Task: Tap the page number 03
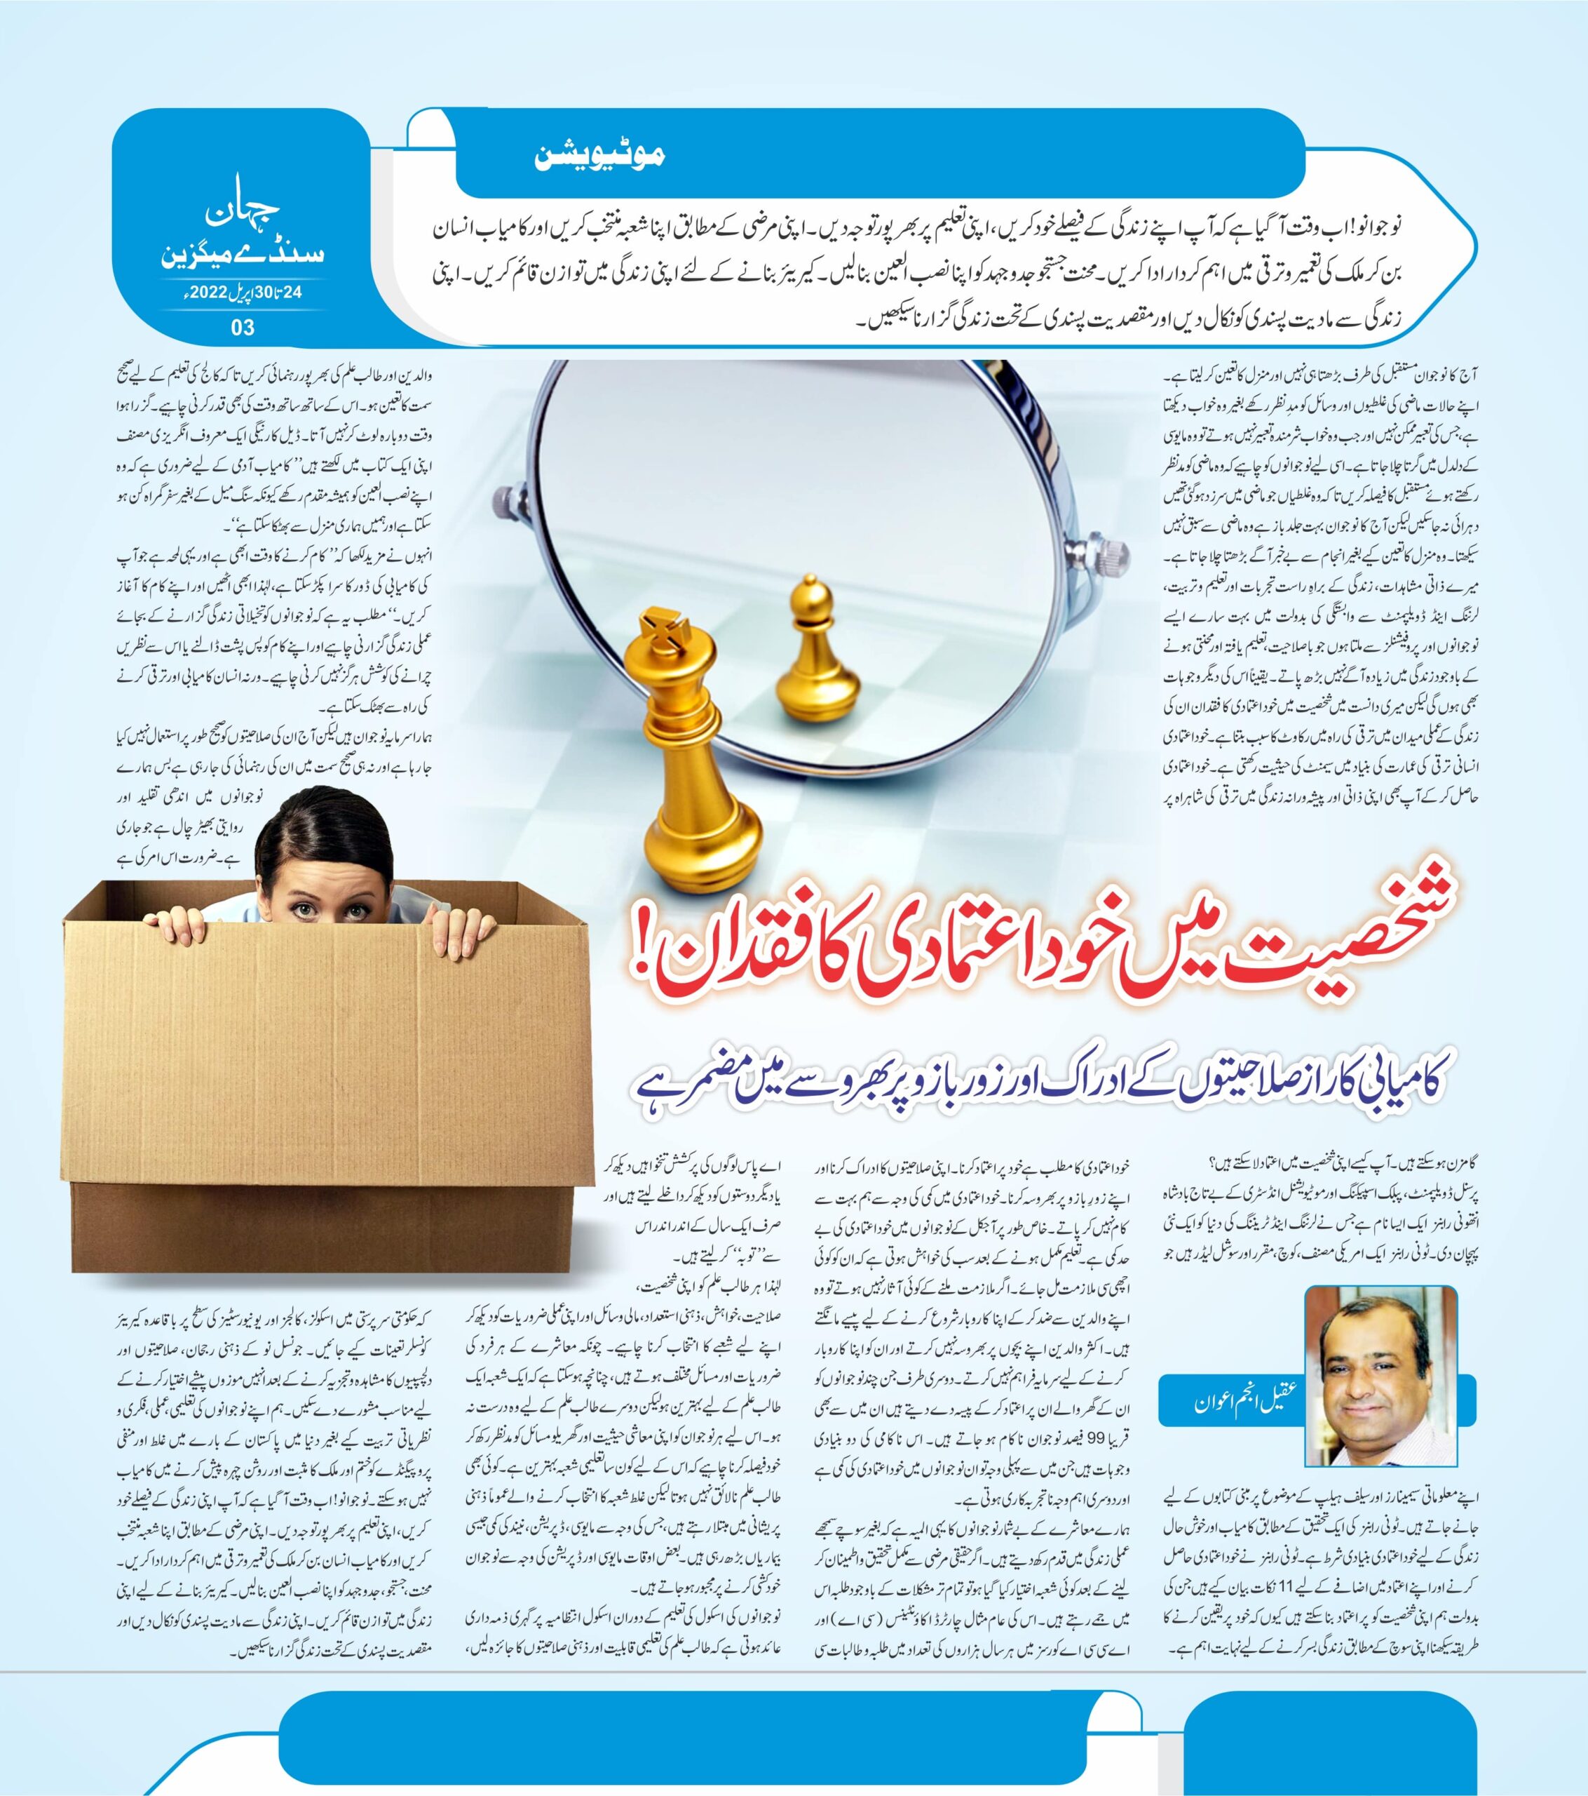pyautogui.click(x=243, y=328)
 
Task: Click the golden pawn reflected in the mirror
pyautogui.click(x=817, y=651)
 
